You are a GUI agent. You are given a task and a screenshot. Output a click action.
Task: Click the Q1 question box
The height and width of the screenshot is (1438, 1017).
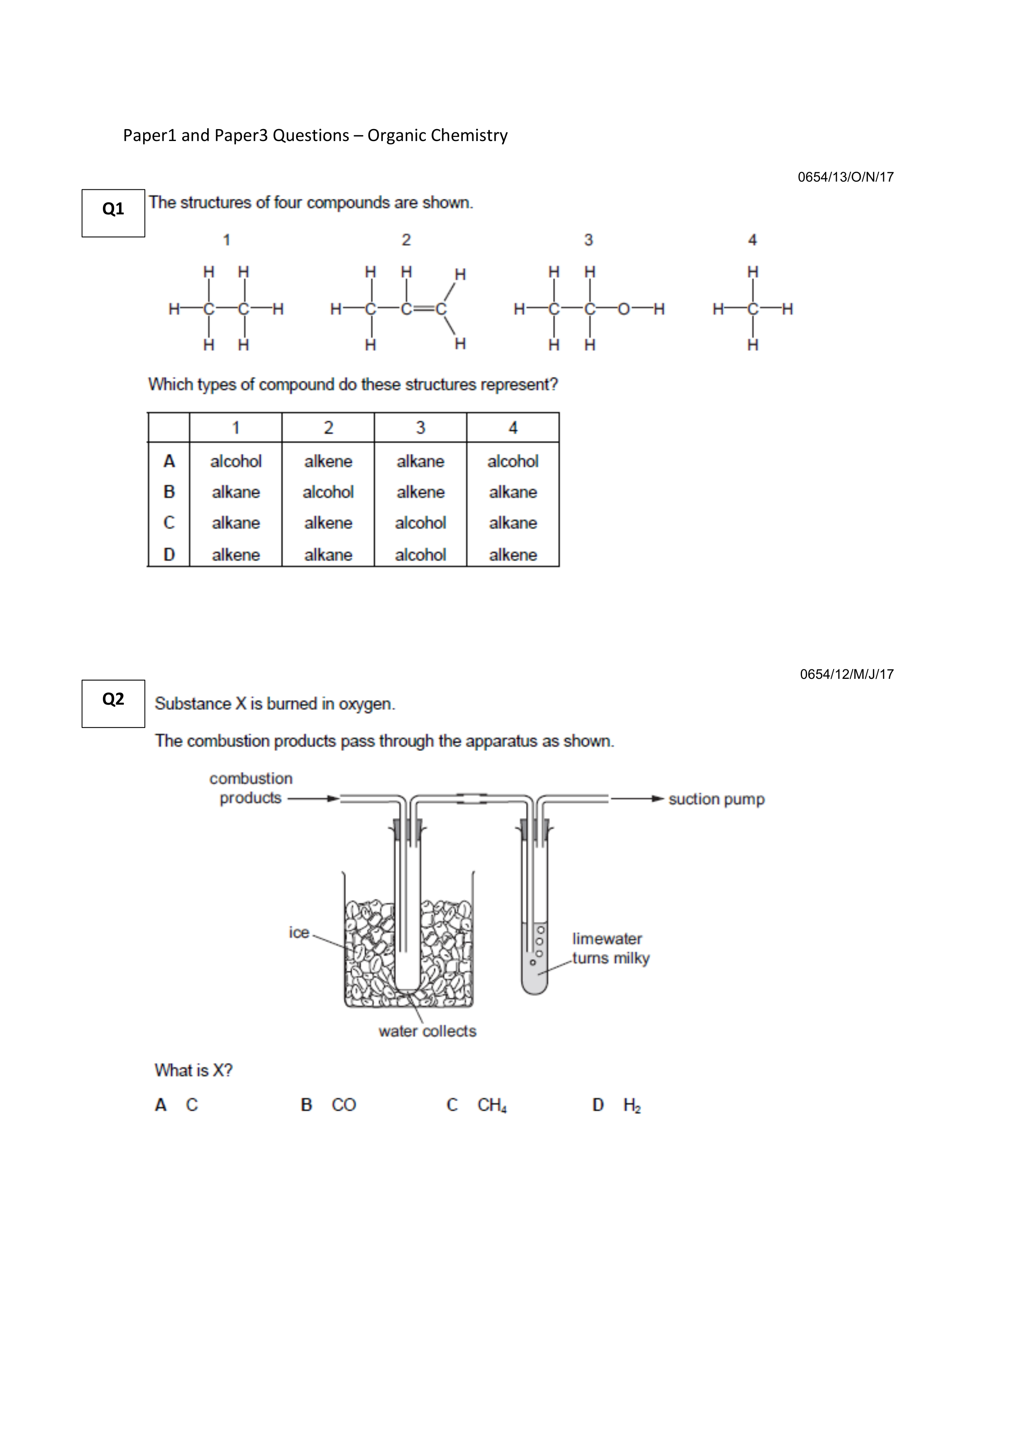tap(113, 213)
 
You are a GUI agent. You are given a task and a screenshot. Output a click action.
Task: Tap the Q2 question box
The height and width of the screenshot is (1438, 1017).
tap(113, 703)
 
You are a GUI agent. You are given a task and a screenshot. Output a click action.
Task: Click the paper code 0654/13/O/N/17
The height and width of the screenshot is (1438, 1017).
tap(845, 177)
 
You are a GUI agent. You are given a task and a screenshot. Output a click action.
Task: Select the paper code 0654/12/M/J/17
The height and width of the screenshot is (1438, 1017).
tap(847, 675)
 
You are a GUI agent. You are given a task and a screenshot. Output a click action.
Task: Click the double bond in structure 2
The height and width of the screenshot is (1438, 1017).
tap(424, 309)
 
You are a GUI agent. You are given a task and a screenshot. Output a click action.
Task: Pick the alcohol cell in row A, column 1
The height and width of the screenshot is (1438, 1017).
tap(235, 462)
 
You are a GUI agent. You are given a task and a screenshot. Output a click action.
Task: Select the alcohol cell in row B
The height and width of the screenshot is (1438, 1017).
tap(328, 492)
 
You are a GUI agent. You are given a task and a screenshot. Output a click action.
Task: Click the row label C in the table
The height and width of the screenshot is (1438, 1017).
tap(169, 523)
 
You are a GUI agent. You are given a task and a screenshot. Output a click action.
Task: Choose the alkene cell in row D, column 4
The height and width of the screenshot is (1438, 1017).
tap(512, 555)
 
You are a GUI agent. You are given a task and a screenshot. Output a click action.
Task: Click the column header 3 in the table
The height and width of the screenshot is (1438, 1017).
tap(421, 428)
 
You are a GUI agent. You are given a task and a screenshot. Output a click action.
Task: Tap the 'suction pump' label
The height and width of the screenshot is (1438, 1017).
tap(716, 799)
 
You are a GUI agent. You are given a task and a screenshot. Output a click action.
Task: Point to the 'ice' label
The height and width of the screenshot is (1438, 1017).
tap(299, 933)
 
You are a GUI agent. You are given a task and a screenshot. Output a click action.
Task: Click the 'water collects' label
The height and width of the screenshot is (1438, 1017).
tap(427, 1031)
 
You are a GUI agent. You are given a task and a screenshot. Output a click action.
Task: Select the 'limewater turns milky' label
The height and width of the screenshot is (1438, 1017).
tap(610, 948)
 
